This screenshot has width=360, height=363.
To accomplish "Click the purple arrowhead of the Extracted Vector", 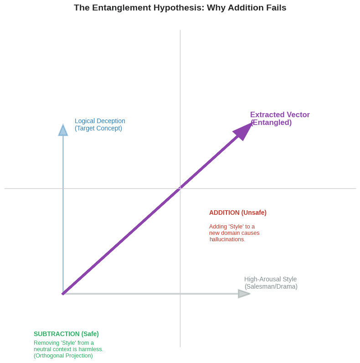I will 244,130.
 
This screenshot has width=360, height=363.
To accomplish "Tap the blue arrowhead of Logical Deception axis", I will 63,131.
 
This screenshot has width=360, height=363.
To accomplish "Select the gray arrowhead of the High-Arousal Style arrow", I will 243,294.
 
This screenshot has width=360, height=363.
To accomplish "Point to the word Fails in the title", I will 275,8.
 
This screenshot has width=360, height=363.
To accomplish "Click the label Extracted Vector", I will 280,115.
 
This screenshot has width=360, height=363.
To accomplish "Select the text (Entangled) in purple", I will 271,123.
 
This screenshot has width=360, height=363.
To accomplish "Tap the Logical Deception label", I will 100,121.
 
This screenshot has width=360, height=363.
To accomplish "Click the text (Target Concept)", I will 98,128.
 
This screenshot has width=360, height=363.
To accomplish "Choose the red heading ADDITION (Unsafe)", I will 237,213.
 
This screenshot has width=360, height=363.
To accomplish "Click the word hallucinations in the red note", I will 226,239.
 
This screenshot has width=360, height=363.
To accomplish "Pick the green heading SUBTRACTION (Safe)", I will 66,334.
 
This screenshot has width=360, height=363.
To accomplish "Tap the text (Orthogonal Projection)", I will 63,356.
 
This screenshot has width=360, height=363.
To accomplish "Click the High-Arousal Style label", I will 270,279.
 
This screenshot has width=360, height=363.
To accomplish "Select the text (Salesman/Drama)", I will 271,286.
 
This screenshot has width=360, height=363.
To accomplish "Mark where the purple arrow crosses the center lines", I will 180,188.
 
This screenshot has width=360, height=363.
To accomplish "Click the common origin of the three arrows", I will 63,294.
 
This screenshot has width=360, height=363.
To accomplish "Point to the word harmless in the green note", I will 91,349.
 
